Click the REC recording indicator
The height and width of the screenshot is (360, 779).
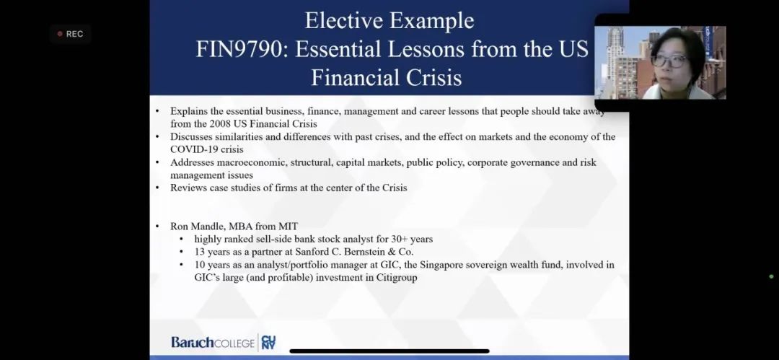pos(70,34)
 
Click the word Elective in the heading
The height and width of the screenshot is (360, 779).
pos(343,21)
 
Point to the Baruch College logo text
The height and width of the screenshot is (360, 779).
pos(213,342)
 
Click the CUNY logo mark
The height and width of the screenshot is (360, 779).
pos(268,342)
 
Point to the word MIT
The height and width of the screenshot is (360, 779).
pos(288,227)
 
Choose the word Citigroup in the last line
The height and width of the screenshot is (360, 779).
pos(397,278)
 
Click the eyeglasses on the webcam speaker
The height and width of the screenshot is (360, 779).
pos(669,61)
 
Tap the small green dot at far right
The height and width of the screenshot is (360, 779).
pos(771,276)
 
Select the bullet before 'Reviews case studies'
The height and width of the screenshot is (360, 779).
pos(157,188)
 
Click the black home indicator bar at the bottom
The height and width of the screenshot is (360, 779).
pos(389,351)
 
